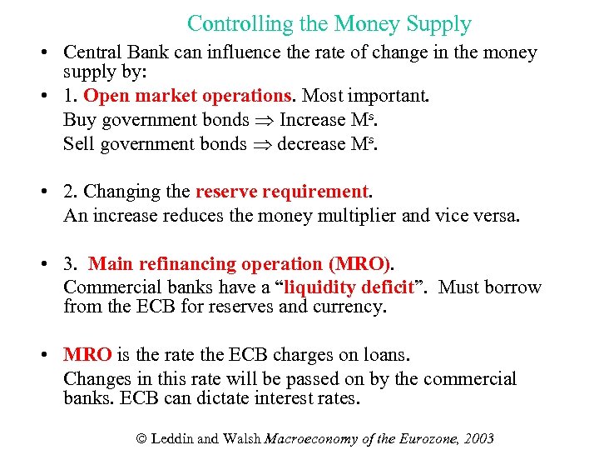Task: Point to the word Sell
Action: point(78,143)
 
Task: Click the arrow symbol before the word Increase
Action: point(265,121)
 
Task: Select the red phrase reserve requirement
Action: point(281,192)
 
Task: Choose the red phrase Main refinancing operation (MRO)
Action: point(240,264)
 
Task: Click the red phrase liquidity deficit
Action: point(349,287)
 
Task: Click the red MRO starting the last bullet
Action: point(87,355)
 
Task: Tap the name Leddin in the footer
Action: point(173,438)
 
